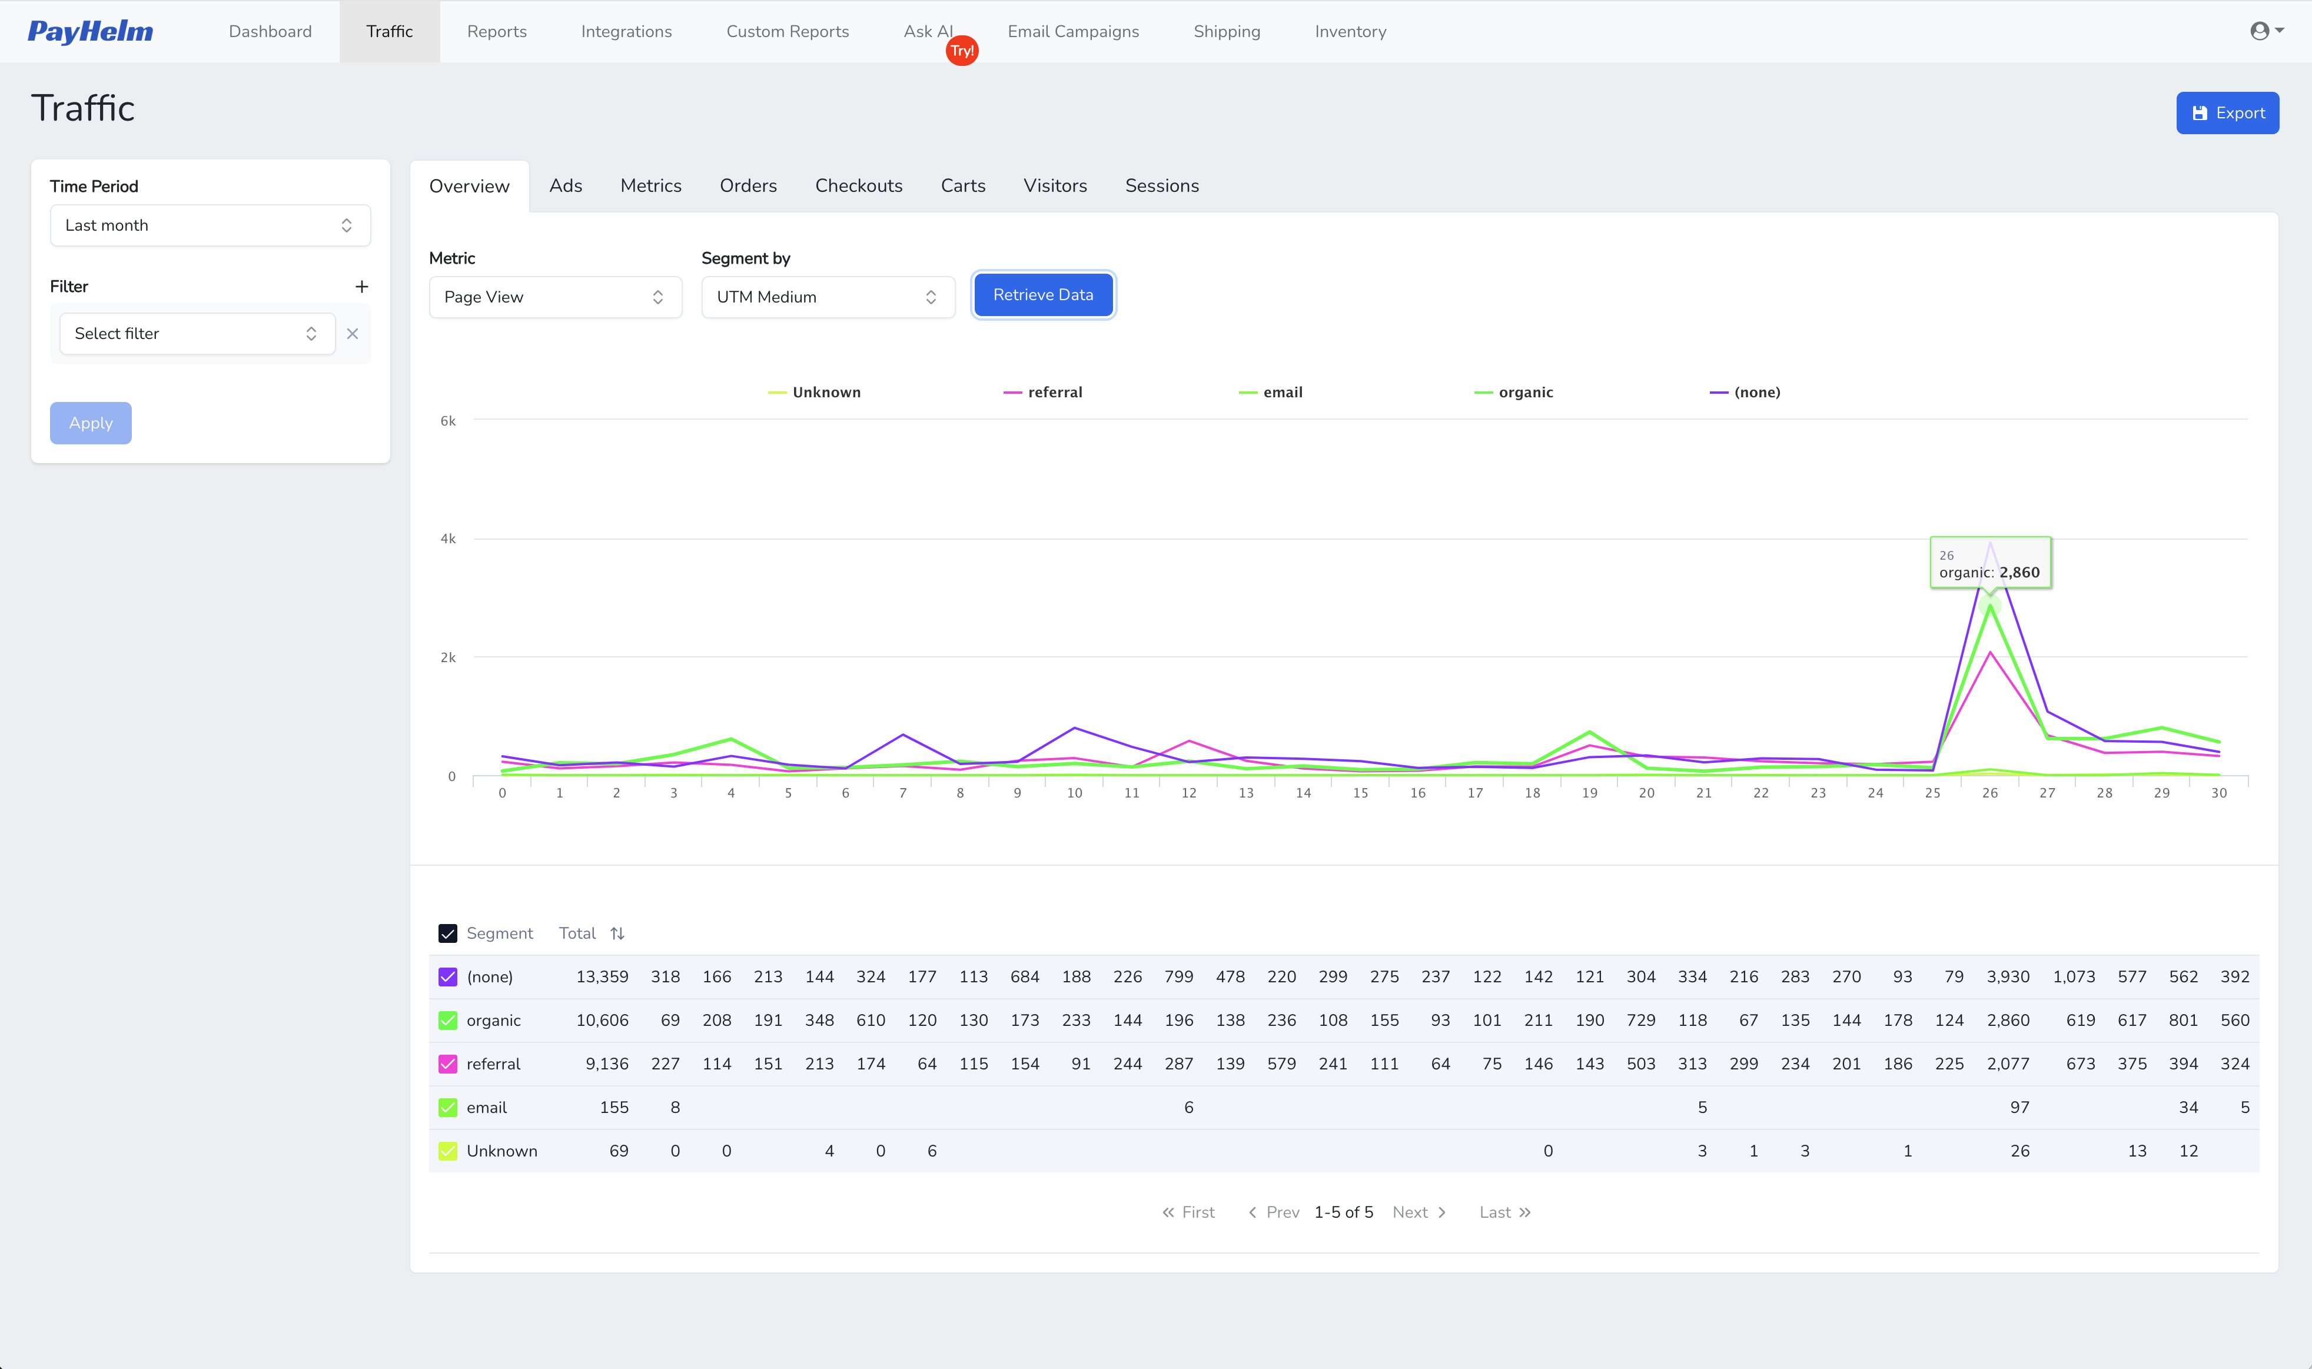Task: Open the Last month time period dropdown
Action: coord(210,225)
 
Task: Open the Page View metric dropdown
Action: coord(554,297)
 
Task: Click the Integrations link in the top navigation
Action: coord(626,31)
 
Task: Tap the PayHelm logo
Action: coord(91,31)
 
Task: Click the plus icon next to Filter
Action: coord(361,287)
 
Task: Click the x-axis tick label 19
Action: coord(1589,793)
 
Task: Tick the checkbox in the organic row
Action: coord(447,1021)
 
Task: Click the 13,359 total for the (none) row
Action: coord(602,977)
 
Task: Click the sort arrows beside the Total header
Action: coord(617,933)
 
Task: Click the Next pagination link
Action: coord(1418,1212)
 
